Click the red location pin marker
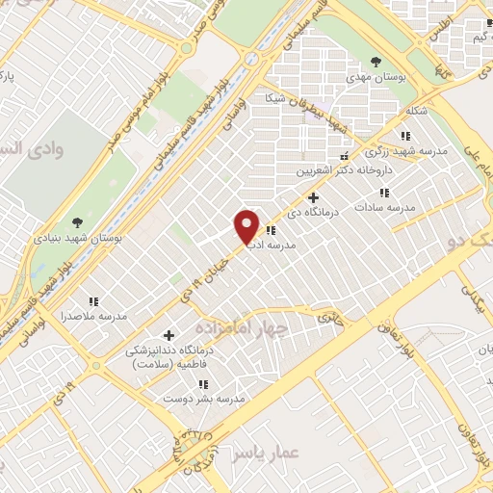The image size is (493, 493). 247,226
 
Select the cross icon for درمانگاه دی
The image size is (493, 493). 312,197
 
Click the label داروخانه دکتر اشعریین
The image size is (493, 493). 332,171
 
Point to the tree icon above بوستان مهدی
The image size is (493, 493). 376,62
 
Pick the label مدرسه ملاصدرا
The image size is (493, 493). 94,316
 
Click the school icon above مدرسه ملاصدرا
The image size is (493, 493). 94,301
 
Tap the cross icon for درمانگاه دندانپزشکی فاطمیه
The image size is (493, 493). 169,335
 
